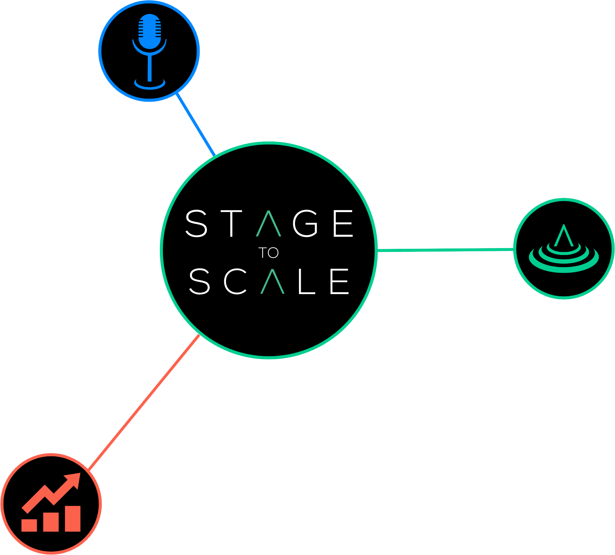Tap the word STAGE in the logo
[269, 224]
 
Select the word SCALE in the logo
[269, 281]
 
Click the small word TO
[269, 253]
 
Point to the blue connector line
[196, 125]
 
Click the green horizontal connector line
[445, 249]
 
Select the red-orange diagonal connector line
[144, 403]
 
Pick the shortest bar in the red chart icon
[29, 525]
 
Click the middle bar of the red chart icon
[51, 522]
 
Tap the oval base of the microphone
[150, 84]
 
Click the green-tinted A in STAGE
[269, 224]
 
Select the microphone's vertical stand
[150, 67]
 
